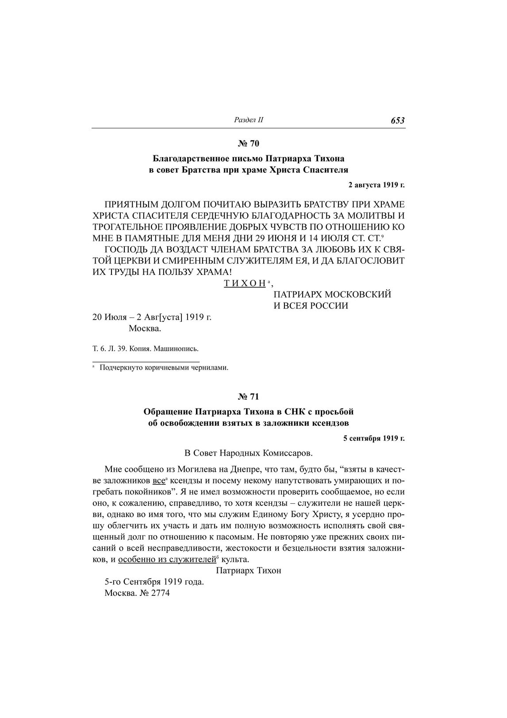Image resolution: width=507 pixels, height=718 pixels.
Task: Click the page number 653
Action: coord(398,120)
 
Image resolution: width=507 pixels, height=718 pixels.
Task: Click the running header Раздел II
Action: coord(248,120)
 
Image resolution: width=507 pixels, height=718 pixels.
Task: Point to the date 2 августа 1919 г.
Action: coord(376,185)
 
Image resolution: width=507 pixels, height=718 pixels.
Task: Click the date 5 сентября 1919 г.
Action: coord(374,438)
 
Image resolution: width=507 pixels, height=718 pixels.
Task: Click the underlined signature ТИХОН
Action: coord(244,283)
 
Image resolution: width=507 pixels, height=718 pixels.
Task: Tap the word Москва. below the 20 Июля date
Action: coord(145,328)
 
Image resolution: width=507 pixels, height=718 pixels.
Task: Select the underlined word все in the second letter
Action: coord(158,480)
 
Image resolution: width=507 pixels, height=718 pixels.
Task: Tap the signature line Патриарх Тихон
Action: coord(249,570)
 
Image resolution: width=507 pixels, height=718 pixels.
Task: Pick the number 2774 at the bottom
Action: coord(161,593)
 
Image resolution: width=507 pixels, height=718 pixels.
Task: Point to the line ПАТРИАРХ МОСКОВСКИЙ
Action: coord(333,294)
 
